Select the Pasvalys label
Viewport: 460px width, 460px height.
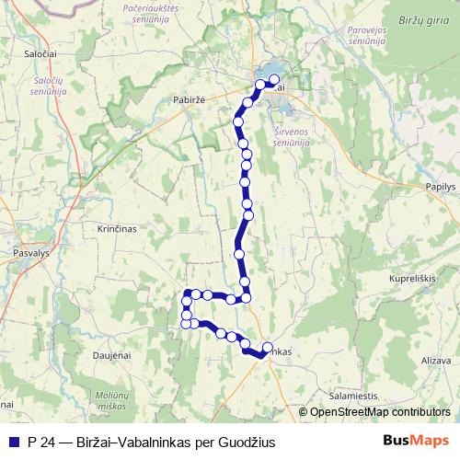24,249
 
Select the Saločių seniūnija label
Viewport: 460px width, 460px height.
47,86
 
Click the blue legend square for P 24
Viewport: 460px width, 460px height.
12,442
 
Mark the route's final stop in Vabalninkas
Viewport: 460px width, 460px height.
268,348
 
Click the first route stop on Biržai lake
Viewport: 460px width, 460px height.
273,79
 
